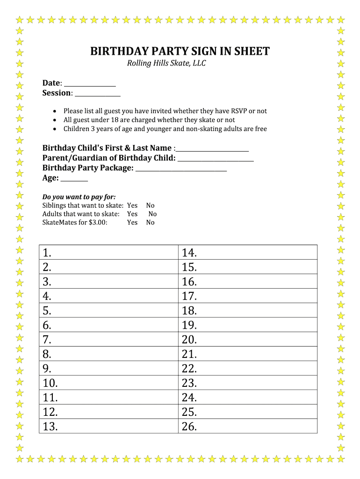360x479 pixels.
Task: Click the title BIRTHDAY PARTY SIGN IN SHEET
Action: tap(180, 51)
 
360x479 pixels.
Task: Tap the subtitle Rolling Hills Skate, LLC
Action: tap(166, 64)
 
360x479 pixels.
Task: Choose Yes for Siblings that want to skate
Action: tap(132, 205)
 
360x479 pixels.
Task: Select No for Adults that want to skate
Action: tap(152, 214)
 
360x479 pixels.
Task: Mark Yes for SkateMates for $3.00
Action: tap(132, 222)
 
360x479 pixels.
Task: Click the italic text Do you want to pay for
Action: tap(79, 196)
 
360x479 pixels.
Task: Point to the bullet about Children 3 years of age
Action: tap(165, 129)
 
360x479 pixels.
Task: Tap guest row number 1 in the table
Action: tap(108, 253)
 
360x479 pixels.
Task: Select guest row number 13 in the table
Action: tap(108, 426)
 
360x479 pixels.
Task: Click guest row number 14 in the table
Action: tap(248, 253)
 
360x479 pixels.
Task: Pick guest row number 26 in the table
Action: tap(248, 426)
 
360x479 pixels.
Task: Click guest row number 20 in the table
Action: tap(248, 340)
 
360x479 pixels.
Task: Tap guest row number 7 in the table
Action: tap(108, 340)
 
